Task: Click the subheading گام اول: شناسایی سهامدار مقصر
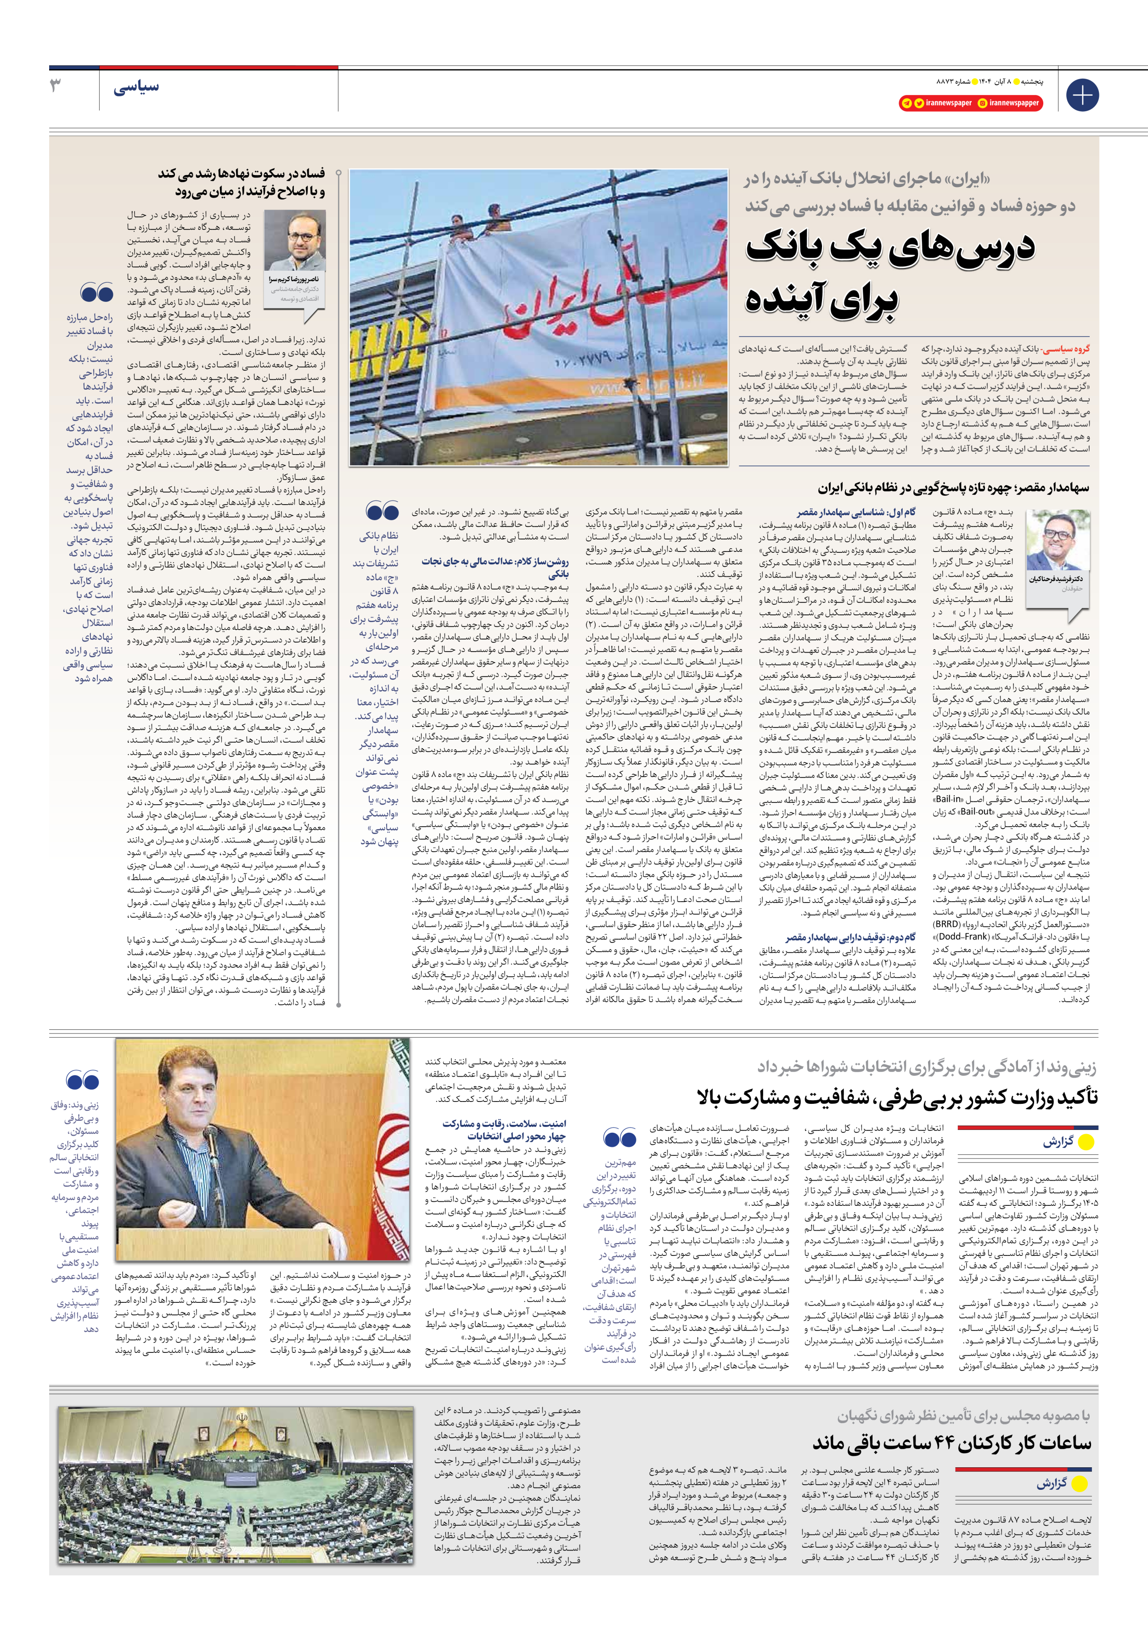(x=856, y=512)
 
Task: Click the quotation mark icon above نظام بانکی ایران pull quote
(x=382, y=511)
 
